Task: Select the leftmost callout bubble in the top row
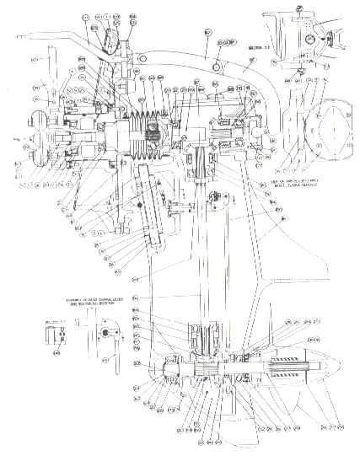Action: click(86, 16)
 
